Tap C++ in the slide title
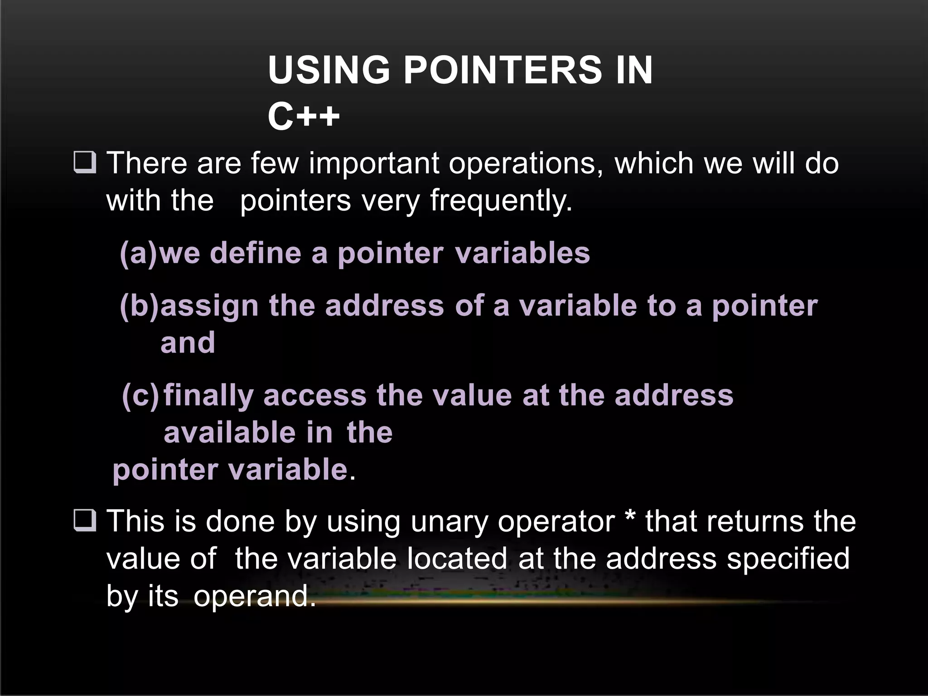pyautogui.click(x=303, y=116)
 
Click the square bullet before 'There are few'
pyautogui.click(x=84, y=164)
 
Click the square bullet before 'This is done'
pyautogui.click(x=84, y=521)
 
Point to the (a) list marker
pyautogui.click(x=139, y=253)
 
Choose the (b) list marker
pyautogui.click(x=140, y=305)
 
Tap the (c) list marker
pyautogui.click(x=140, y=396)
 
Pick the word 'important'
pyautogui.click(x=374, y=163)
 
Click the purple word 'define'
pyautogui.click(x=256, y=253)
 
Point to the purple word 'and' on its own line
pyautogui.click(x=188, y=343)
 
